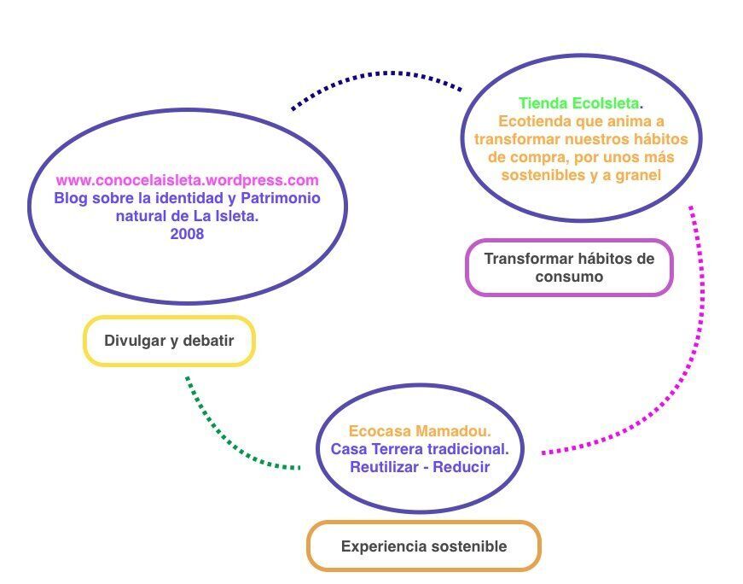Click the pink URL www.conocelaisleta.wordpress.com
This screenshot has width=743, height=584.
click(187, 181)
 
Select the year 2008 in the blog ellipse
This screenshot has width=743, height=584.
click(187, 234)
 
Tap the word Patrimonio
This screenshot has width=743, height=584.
click(281, 198)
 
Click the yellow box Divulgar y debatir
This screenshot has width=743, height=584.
click(169, 341)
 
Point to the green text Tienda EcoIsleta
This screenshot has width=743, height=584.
click(579, 103)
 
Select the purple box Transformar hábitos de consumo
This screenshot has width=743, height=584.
click(569, 267)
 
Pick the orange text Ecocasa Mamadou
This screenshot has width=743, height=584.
click(420, 431)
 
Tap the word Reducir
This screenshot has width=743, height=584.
click(461, 467)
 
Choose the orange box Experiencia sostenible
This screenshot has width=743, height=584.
click(424, 546)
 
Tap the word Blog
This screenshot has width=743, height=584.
click(71, 198)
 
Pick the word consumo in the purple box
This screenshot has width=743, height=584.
click(569, 277)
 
